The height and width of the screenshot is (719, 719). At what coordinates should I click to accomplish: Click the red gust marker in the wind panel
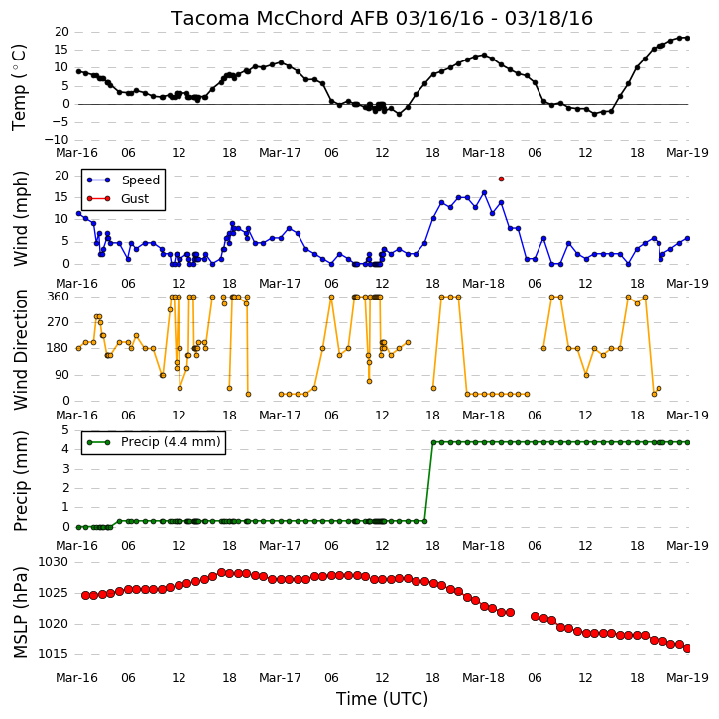501,179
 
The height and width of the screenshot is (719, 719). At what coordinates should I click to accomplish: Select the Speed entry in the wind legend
123,180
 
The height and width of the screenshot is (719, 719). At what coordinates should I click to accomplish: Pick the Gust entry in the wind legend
118,199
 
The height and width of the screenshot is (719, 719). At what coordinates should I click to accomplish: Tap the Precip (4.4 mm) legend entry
154,442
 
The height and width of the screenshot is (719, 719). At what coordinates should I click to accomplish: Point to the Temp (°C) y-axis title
19,86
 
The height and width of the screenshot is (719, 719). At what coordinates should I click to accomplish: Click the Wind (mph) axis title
20,218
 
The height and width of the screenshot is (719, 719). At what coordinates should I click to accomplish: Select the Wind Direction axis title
20,349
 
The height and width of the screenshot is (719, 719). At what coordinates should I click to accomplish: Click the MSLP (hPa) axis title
20,612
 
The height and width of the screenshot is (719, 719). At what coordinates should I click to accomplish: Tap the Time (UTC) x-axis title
382,699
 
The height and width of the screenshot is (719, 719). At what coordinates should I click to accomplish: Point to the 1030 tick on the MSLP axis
53,562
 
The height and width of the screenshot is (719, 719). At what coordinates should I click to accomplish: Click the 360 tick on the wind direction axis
59,297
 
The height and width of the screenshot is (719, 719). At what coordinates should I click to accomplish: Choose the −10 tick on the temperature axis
57,140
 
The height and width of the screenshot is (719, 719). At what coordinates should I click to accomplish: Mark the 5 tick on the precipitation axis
65,430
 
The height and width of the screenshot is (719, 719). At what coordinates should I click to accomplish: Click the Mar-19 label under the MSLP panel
687,677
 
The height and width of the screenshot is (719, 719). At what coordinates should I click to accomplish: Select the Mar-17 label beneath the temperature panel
280,153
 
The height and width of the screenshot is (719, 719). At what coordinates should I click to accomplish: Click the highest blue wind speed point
484,193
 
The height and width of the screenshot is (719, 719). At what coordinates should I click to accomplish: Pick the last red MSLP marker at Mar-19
688,648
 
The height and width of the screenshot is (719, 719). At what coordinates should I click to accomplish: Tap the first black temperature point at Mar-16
79,72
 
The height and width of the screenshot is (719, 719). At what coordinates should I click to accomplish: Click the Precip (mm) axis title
20,481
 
